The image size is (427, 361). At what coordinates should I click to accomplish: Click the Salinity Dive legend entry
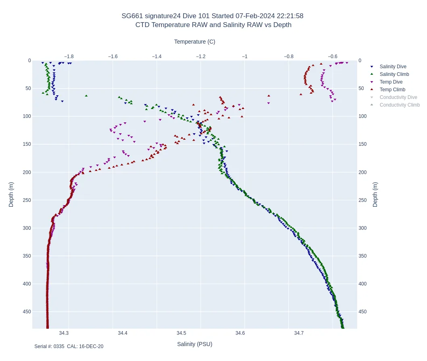pyautogui.click(x=393, y=67)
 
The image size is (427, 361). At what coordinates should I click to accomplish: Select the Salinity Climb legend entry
pyautogui.click(x=394, y=74)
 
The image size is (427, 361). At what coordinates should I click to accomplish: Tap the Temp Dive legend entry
pyautogui.click(x=391, y=82)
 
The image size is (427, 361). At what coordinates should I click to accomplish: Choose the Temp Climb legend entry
pyautogui.click(x=392, y=90)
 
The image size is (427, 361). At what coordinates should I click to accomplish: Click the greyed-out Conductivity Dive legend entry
pyautogui.click(x=398, y=97)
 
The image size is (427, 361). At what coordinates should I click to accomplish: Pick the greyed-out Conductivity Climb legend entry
pyautogui.click(x=400, y=105)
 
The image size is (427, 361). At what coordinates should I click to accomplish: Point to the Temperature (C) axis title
pyautogui.click(x=195, y=42)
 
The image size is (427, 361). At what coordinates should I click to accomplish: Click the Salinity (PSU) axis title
pyautogui.click(x=195, y=344)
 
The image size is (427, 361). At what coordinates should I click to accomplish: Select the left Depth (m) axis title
pyautogui.click(x=11, y=194)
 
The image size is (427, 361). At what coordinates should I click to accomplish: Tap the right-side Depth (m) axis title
pyautogui.click(x=375, y=194)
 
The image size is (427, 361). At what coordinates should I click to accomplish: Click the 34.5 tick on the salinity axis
pyautogui.click(x=182, y=333)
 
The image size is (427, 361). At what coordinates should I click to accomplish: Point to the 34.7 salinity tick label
pyautogui.click(x=299, y=333)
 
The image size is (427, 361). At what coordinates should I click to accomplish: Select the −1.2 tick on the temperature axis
pyautogui.click(x=201, y=57)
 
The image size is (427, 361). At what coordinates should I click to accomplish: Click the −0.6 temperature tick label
pyautogui.click(x=333, y=57)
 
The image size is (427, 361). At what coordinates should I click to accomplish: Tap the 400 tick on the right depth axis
pyautogui.click(x=363, y=284)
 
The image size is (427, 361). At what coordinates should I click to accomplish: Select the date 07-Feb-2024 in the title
pyautogui.click(x=255, y=16)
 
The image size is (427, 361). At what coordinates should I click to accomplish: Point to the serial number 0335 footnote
pyautogui.click(x=59, y=346)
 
